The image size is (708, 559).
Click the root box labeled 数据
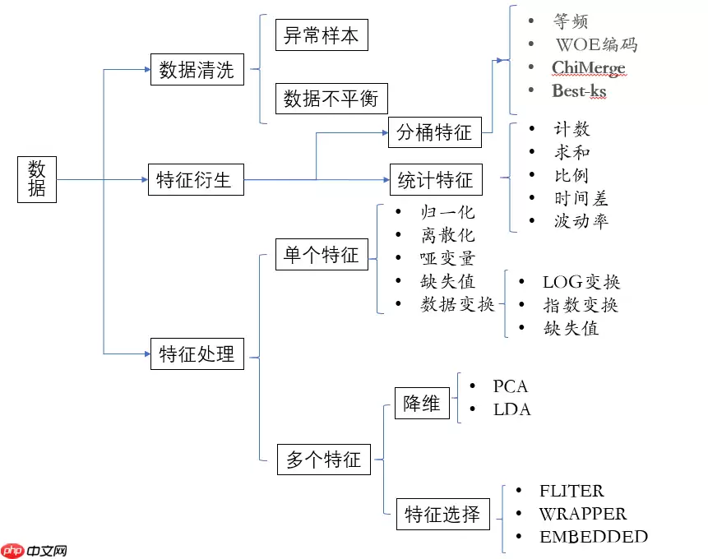(37, 178)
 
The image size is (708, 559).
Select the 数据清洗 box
(197, 69)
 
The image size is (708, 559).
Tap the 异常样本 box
(321, 35)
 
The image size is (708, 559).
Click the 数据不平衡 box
(331, 99)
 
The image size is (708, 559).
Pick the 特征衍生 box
(195, 178)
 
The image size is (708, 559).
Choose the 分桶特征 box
(434, 132)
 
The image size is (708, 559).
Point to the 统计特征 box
(435, 178)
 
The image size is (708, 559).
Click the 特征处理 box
(197, 353)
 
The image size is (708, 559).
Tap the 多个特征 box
(323, 459)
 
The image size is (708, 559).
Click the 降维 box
(421, 404)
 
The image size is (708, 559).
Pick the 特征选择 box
(442, 515)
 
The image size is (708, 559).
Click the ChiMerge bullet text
(589, 67)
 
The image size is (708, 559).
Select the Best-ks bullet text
(579, 91)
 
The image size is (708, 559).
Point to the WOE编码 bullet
(596, 44)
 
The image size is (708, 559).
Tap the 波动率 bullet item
(581, 221)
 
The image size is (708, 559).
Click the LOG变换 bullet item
(581, 282)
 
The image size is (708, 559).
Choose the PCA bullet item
(510, 386)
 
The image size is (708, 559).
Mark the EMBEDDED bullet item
(593, 537)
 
